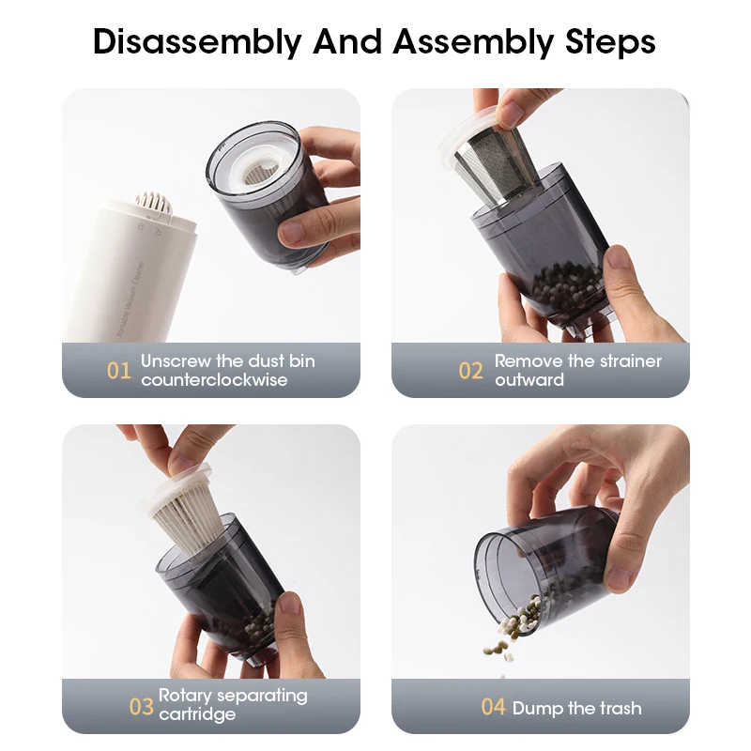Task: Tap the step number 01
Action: (119, 371)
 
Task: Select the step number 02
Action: (471, 371)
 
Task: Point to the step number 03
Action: (141, 706)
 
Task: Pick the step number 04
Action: (494, 707)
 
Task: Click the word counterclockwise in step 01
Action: (214, 380)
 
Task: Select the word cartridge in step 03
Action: (197, 714)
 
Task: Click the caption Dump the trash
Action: (577, 708)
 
